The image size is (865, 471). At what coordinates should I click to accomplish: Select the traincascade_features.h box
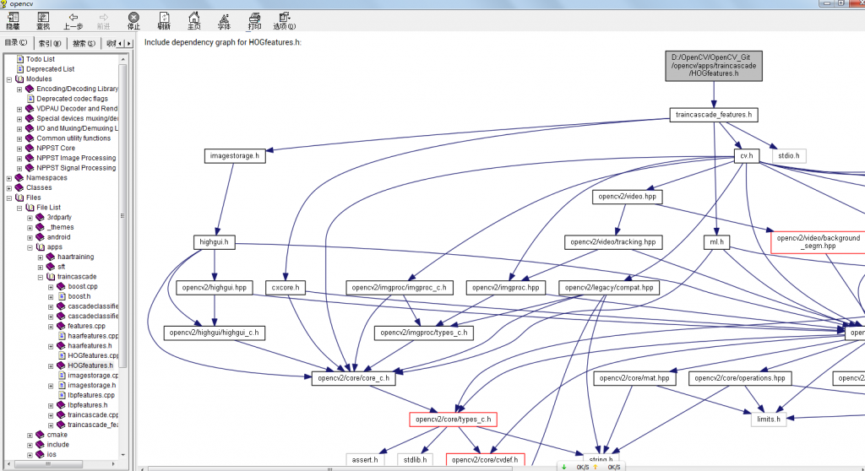pyautogui.click(x=714, y=115)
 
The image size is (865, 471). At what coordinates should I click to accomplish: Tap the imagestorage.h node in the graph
pyautogui.click(x=234, y=155)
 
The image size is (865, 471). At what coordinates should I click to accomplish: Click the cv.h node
pyautogui.click(x=746, y=155)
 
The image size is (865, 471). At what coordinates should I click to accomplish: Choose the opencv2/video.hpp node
pyautogui.click(x=626, y=197)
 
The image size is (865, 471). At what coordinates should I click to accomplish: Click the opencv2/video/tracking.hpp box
pyautogui.click(x=613, y=242)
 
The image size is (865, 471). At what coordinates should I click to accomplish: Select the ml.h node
pyautogui.click(x=715, y=242)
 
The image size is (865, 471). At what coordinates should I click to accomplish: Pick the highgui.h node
pyautogui.click(x=214, y=242)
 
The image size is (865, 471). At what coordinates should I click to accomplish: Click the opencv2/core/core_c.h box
pyautogui.click(x=353, y=378)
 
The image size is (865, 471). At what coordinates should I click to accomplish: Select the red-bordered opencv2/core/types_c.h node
pyautogui.click(x=451, y=419)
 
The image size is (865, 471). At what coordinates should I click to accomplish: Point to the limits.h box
pyautogui.click(x=768, y=419)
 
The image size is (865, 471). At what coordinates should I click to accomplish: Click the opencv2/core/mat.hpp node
pyautogui.click(x=634, y=378)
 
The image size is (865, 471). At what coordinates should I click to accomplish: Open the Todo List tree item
pyautogui.click(x=40, y=59)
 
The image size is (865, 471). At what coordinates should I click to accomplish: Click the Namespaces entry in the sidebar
pyautogui.click(x=46, y=178)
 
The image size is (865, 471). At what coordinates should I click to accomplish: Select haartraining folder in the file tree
pyautogui.click(x=75, y=257)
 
